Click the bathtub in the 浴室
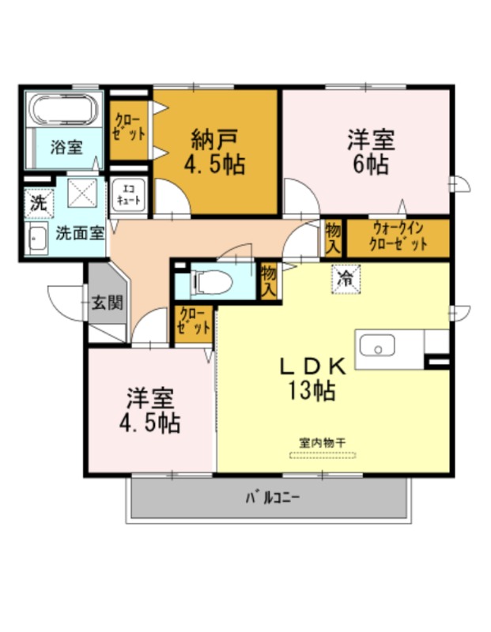click(x=64, y=109)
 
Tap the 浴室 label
click(x=66, y=147)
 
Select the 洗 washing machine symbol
click(x=39, y=204)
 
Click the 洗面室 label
click(x=80, y=232)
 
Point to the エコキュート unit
click(x=128, y=194)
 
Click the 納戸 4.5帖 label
click(x=214, y=151)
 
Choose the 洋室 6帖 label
click(x=370, y=151)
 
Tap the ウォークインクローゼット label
click(x=398, y=237)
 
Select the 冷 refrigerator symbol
click(x=346, y=279)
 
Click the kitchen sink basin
click(x=377, y=345)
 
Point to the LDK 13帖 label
click(x=312, y=378)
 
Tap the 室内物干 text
click(x=322, y=443)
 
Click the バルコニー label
click(x=272, y=498)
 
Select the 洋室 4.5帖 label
click(x=149, y=410)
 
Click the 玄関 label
click(x=107, y=303)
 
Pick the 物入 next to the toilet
click(x=268, y=281)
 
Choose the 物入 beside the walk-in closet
click(x=333, y=239)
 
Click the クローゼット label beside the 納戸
click(x=129, y=127)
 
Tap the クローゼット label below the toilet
click(x=194, y=321)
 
